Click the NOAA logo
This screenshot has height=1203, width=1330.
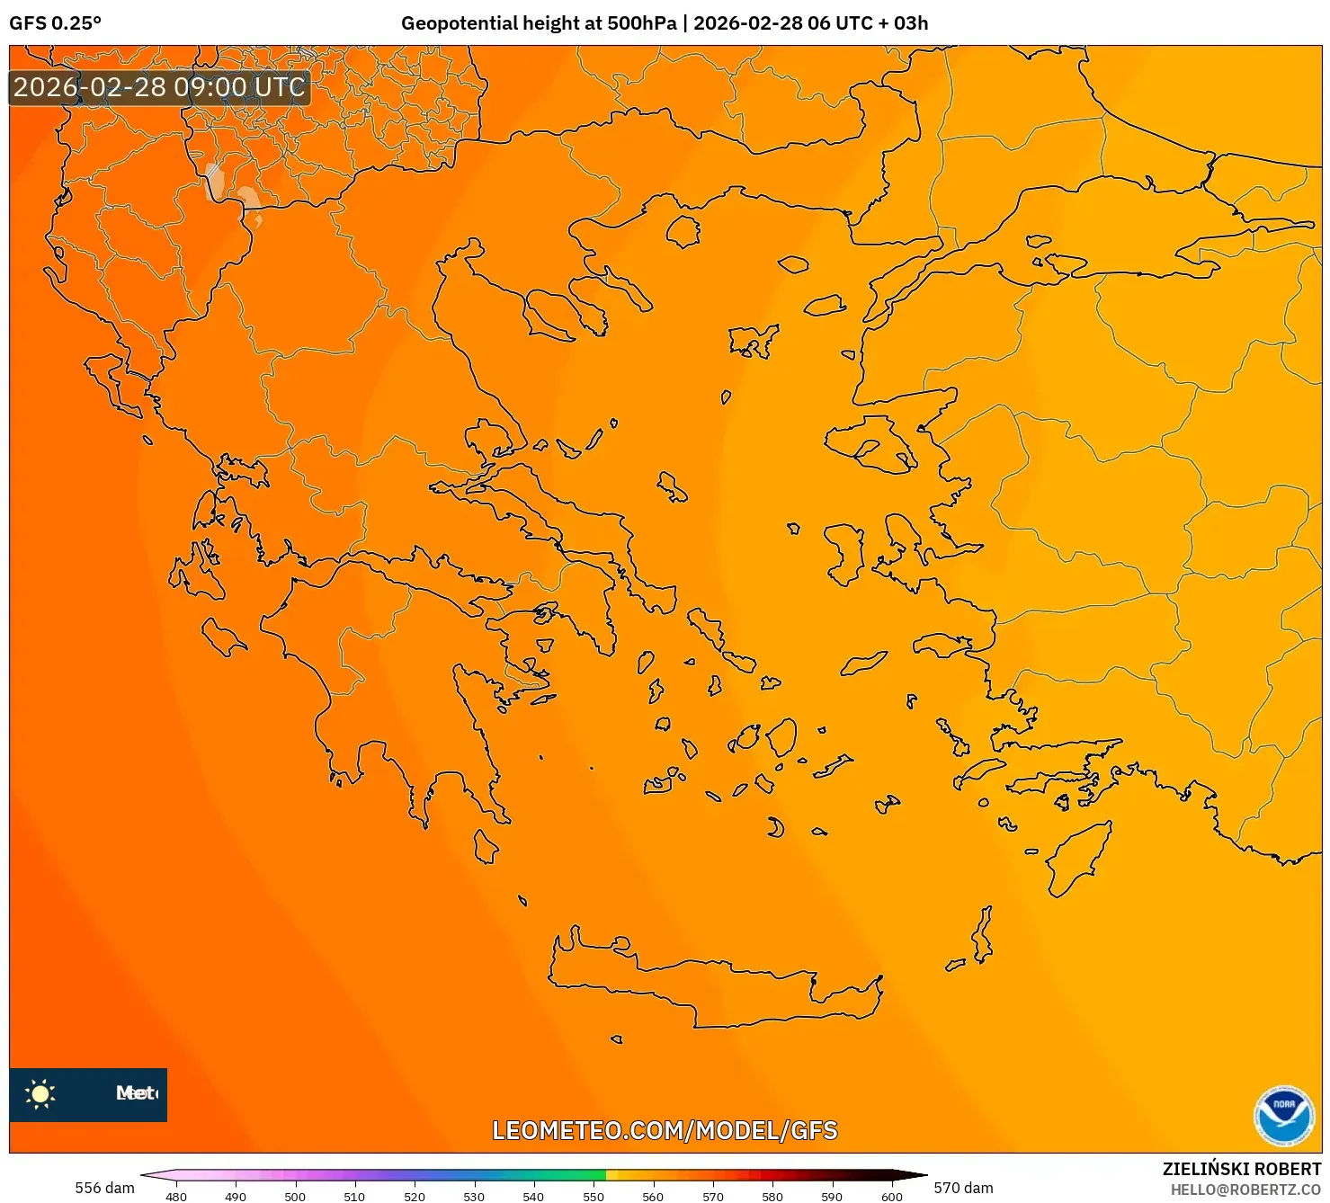pos(1283,1116)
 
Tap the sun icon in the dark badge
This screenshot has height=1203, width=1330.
pos(40,1094)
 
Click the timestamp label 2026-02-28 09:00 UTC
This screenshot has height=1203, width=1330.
pos(159,87)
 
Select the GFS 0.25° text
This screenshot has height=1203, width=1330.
pos(55,23)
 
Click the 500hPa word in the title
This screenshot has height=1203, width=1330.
pos(641,23)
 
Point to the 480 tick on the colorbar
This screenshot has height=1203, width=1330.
pos(176,1196)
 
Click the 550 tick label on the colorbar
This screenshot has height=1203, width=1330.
pos(594,1196)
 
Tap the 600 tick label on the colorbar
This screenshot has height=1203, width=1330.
pos(891,1196)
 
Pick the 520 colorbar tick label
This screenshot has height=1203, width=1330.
pos(415,1196)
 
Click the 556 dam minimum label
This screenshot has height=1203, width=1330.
pos(104,1188)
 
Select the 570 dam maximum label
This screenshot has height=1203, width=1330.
pos(963,1188)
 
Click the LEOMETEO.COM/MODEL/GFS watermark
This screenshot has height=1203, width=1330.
pos(665,1130)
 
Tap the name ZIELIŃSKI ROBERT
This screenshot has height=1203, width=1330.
pos(1241,1169)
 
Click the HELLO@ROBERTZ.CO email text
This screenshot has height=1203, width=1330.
pos(1245,1190)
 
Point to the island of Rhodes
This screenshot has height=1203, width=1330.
pos(1076,859)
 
